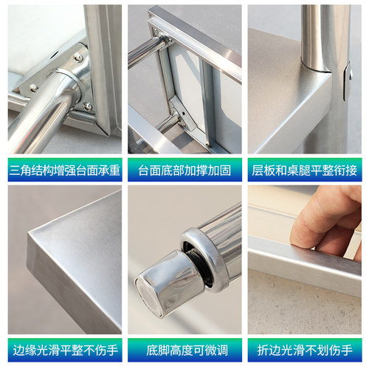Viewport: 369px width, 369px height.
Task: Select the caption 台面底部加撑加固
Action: point(184,170)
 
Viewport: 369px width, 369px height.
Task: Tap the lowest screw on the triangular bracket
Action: point(87,106)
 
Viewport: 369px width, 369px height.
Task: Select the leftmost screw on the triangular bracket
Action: point(33,87)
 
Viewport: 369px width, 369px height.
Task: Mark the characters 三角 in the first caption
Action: point(20,170)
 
